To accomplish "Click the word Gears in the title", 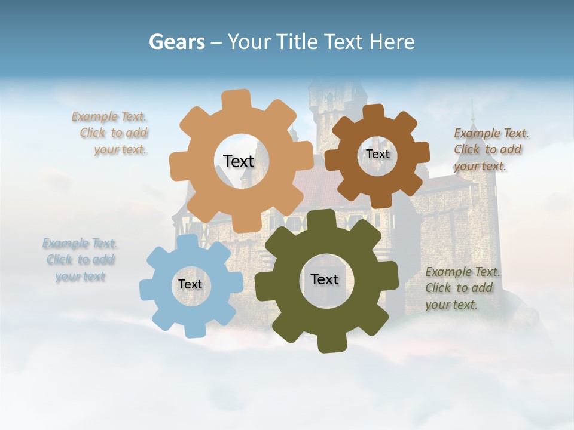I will point(176,42).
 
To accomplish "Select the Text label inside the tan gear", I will point(239,161).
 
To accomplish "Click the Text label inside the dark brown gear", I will point(377,154).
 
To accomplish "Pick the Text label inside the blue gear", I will point(190,284).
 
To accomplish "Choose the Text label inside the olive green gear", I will point(325,279).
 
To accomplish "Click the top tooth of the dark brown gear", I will point(373,112).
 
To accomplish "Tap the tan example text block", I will point(114,133).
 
